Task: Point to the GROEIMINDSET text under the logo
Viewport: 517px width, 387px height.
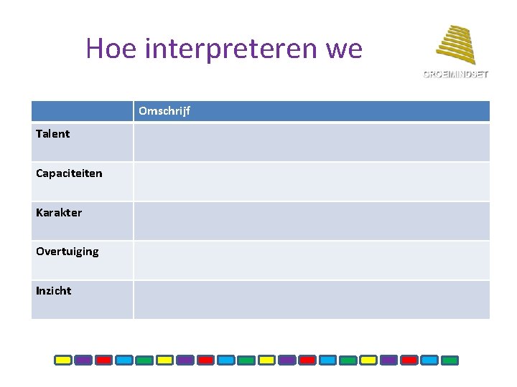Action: pyautogui.click(x=455, y=74)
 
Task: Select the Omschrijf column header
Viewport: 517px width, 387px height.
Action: pyautogui.click(x=164, y=111)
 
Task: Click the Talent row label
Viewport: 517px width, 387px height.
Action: pyautogui.click(x=53, y=134)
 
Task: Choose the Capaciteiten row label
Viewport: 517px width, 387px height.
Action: pyautogui.click(x=69, y=173)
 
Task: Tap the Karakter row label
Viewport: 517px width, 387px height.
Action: pyautogui.click(x=59, y=213)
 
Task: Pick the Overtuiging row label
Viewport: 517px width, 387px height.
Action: pyautogui.click(x=67, y=252)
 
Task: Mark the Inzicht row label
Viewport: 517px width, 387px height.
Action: pyautogui.click(x=54, y=291)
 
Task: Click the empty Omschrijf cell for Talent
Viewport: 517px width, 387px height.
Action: pyautogui.click(x=311, y=142)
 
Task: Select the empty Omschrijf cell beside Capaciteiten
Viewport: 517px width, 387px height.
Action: pyautogui.click(x=311, y=181)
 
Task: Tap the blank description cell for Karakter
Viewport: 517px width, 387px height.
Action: pyautogui.click(x=311, y=221)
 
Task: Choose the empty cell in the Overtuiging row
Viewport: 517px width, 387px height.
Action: pyautogui.click(x=311, y=260)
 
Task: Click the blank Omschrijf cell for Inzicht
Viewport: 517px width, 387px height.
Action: pyautogui.click(x=311, y=300)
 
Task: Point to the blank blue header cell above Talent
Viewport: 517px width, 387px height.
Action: pyautogui.click(x=82, y=111)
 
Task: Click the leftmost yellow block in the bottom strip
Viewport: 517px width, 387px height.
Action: pyautogui.click(x=63, y=360)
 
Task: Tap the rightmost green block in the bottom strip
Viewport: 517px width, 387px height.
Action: pyautogui.click(x=450, y=360)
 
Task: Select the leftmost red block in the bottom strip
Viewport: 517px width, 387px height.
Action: pyautogui.click(x=104, y=360)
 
